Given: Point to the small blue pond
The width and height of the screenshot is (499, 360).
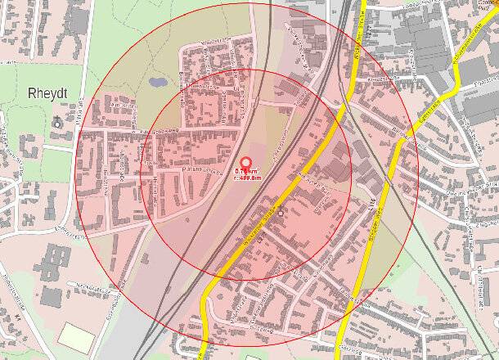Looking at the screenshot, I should (x=155, y=83).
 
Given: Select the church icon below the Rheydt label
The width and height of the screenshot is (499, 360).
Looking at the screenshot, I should (x=56, y=122).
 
